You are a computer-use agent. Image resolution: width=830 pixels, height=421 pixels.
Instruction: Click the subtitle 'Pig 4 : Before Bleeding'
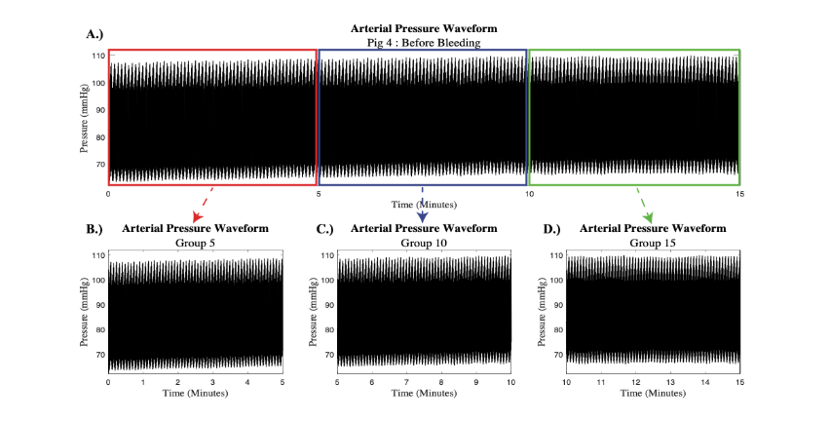pyautogui.click(x=424, y=43)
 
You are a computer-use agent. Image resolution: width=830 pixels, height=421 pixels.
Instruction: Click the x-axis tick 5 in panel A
pyautogui.click(x=319, y=194)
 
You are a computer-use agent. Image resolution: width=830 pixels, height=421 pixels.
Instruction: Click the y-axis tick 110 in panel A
pyautogui.click(x=97, y=57)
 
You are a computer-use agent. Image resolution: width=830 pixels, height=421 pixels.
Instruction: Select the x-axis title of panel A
pyautogui.click(x=424, y=205)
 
